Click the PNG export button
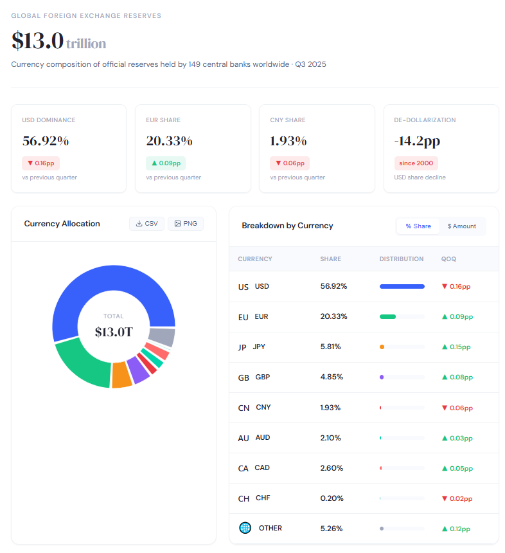(185, 224)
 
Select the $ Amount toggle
(462, 226)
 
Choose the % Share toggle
(418, 226)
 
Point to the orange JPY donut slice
(121, 375)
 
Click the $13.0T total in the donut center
(113, 332)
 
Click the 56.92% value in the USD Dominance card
(45, 141)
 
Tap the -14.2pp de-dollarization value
(418, 141)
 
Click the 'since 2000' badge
(416, 163)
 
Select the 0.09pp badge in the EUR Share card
(165, 163)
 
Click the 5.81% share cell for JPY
(331, 347)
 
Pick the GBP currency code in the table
(262, 377)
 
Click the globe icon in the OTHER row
(245, 528)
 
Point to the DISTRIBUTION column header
(402, 259)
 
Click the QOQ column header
(448, 259)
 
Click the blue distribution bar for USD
(402, 286)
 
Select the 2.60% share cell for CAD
(332, 468)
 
